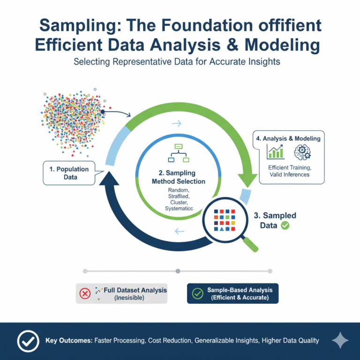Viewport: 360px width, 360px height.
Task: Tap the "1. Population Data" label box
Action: click(x=69, y=172)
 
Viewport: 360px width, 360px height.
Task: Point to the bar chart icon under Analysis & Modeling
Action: click(x=275, y=152)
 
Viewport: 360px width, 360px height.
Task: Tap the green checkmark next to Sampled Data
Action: click(x=285, y=225)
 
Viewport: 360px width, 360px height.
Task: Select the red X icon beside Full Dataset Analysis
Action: click(x=85, y=294)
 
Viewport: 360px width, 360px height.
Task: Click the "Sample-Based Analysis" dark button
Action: click(x=232, y=293)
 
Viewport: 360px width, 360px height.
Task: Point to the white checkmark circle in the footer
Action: click(x=28, y=341)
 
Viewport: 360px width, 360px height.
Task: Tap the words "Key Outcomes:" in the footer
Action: click(x=68, y=341)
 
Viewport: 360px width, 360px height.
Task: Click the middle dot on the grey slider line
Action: click(x=178, y=271)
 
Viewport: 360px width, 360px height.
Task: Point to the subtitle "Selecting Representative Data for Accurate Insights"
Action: click(x=180, y=62)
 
